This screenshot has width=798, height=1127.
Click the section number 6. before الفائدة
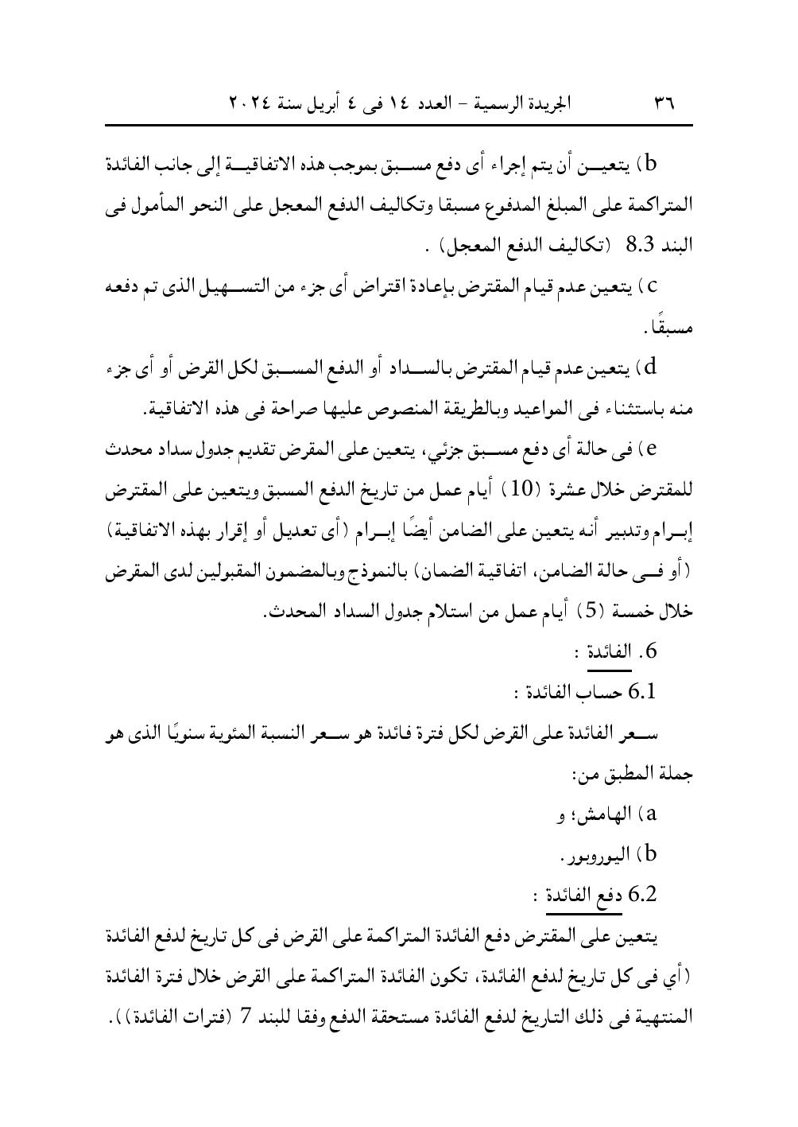(651, 651)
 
